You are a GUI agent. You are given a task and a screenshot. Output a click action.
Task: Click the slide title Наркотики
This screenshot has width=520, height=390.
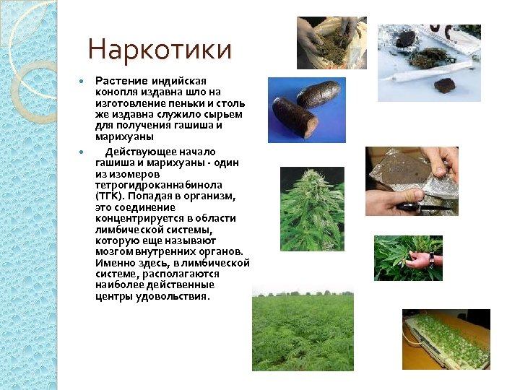pos(160,51)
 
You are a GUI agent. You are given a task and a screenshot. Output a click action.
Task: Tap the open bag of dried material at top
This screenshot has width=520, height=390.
pos(331,43)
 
